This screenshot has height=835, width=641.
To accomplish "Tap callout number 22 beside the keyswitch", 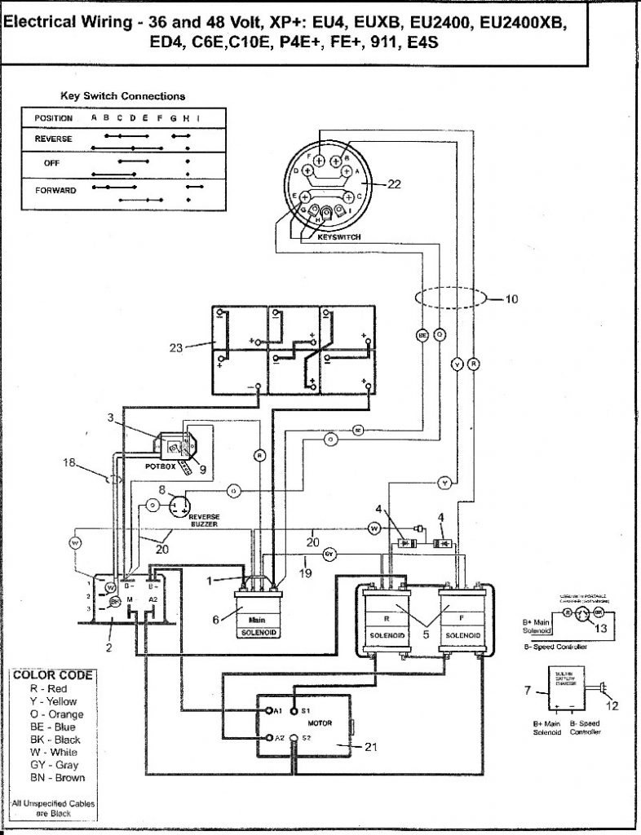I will pos(394,184).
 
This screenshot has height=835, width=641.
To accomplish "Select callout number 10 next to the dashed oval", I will pos(511,299).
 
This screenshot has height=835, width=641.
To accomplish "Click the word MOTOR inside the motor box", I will pos(319,723).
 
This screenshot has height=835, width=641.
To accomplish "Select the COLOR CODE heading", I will pos(52,675).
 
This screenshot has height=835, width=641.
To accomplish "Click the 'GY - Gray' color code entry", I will pos(54,765).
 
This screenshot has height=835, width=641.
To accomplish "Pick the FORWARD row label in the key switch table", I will pos(55,190).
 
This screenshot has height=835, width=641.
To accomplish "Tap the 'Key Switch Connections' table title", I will pos(122,95).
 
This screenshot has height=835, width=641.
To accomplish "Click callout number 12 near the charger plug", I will pos(612,705).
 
